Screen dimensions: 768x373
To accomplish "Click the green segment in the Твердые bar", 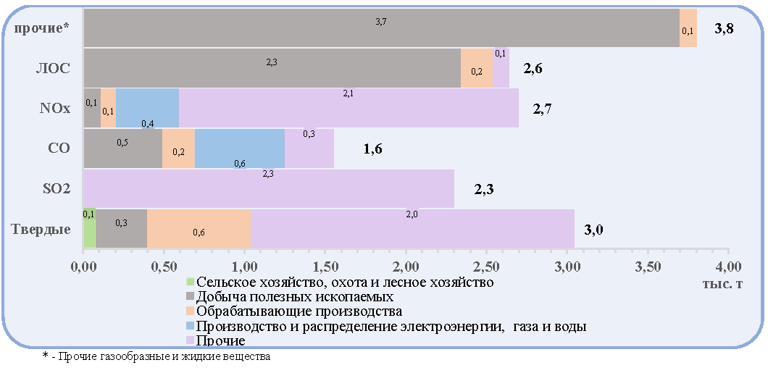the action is pos(90,229).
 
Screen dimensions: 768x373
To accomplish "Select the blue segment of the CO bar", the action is pos(240,148).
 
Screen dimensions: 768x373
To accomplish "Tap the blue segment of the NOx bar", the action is pos(147,108).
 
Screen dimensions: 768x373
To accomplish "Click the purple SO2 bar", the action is pos(269,188).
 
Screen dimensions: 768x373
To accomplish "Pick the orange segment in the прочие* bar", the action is pos(688,28).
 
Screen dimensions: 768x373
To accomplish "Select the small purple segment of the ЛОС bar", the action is pos(501,67).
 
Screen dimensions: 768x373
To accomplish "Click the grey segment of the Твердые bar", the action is pos(122,229).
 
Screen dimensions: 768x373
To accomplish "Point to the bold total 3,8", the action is pos(724,28).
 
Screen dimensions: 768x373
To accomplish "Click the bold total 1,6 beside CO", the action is pos(372,149).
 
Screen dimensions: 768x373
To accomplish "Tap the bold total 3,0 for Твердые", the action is pos(593,230).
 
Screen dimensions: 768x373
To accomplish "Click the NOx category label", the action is pos(55,108).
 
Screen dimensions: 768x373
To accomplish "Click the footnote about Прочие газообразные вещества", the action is pos(156,356).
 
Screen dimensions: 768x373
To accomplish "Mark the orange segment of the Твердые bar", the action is pos(199,229).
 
